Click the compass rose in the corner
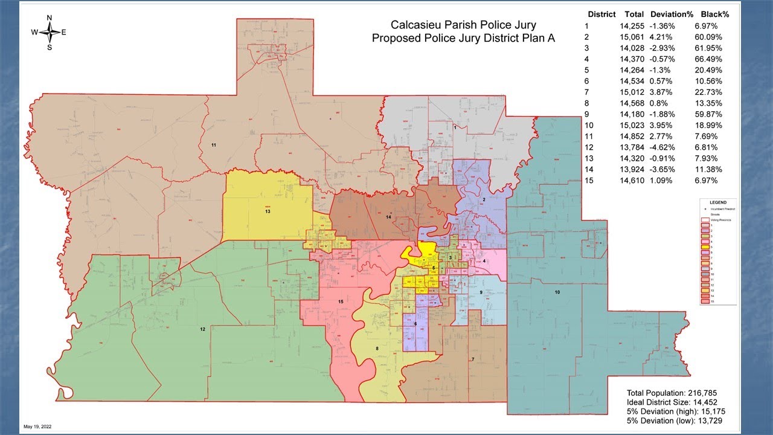pyautogui.click(x=49, y=33)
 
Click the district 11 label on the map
pyautogui.click(x=214, y=146)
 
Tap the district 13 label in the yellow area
pyautogui.click(x=266, y=211)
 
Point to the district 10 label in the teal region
pyautogui.click(x=557, y=292)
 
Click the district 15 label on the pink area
pyautogui.click(x=341, y=301)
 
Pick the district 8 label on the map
pyautogui.click(x=377, y=349)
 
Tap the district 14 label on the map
pyautogui.click(x=389, y=216)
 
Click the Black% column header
pyautogui.click(x=714, y=14)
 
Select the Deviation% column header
pyautogui.click(x=669, y=14)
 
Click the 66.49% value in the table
pyautogui.click(x=707, y=59)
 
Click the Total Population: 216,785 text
pyautogui.click(x=672, y=393)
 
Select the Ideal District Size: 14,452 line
pyautogui.click(x=670, y=402)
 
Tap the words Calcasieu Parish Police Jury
pyautogui.click(x=463, y=25)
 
